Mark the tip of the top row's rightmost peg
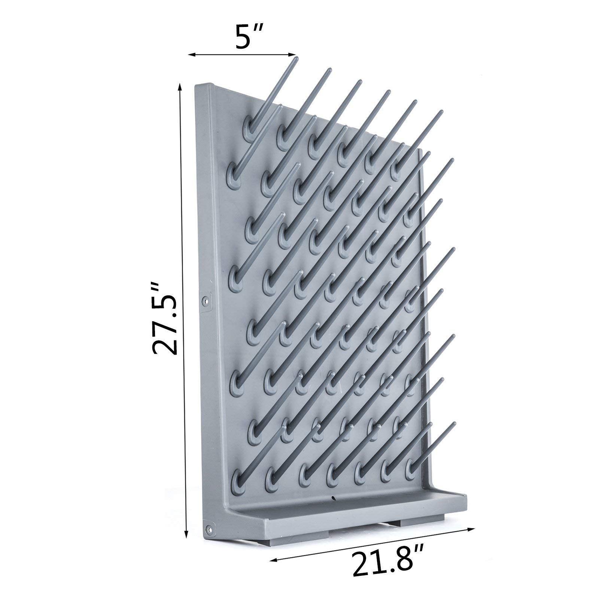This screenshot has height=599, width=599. (x=441, y=112)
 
